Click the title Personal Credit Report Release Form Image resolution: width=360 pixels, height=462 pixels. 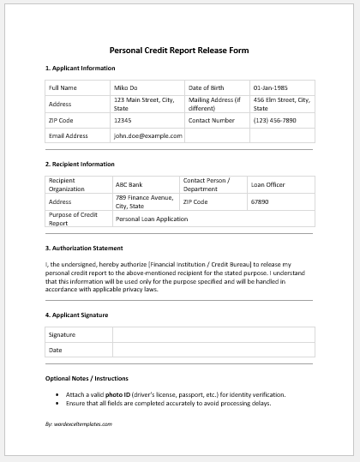tap(179, 50)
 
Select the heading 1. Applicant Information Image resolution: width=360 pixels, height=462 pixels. tap(80, 68)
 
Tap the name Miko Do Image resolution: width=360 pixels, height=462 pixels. tap(127, 87)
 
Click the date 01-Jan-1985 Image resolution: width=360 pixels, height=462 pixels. tap(270, 87)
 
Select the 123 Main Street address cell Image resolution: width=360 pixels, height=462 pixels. tap(144, 104)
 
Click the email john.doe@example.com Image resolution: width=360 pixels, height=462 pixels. tap(147, 135)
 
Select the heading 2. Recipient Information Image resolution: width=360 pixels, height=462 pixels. tap(80, 163)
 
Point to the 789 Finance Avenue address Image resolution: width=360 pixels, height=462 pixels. tap(144, 201)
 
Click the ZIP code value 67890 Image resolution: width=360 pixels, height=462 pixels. tap(260, 201)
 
